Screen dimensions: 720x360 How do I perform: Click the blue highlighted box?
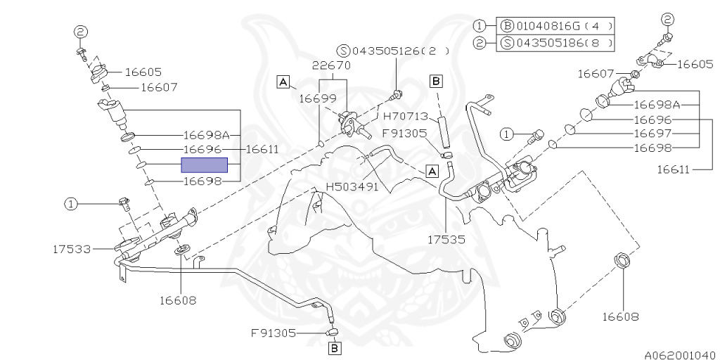[205, 165]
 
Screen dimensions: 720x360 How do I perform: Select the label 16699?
[317, 99]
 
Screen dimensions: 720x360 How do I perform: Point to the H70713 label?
[406, 116]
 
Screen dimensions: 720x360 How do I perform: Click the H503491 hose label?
[352, 187]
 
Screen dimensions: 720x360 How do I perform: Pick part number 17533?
[72, 248]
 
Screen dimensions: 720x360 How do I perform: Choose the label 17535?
[446, 239]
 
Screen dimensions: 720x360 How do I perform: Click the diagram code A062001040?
[679, 354]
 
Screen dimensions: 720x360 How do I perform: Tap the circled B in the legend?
[506, 26]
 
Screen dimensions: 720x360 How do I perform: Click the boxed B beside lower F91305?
[335, 347]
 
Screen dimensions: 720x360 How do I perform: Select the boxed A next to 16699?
[283, 82]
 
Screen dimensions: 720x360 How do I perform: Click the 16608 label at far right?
[620, 316]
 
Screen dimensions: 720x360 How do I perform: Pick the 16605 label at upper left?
[143, 72]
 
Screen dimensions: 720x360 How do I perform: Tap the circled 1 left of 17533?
[71, 204]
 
